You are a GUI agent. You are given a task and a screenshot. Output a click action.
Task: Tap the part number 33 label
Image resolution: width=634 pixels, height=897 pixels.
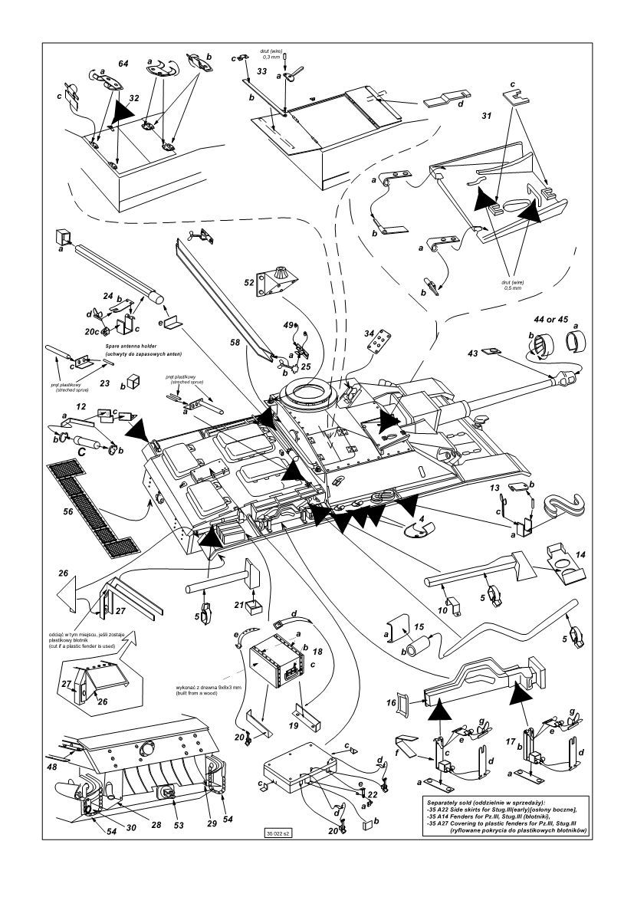tap(261, 71)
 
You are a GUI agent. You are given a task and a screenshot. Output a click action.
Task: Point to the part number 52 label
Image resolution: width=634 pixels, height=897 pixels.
tap(250, 282)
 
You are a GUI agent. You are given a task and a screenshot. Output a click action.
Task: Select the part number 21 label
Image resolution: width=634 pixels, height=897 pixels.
tap(239, 606)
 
